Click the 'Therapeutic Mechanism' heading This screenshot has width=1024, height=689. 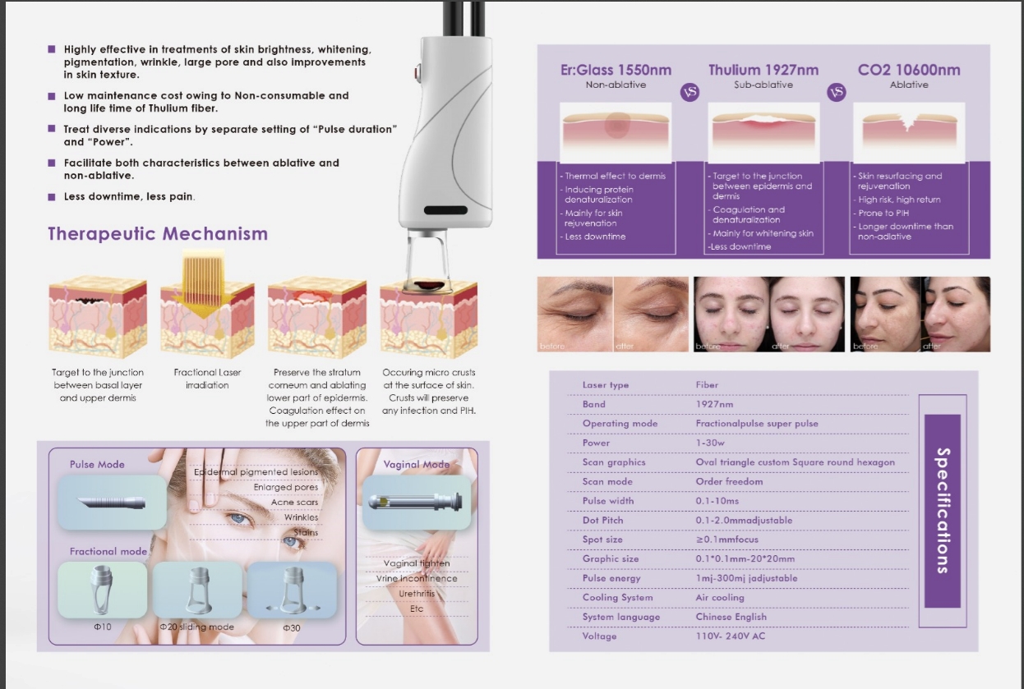click(x=158, y=234)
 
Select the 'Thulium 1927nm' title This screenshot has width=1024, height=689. click(x=763, y=70)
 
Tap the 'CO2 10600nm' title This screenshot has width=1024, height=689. click(x=909, y=70)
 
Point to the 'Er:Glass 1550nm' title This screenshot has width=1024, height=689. click(x=616, y=70)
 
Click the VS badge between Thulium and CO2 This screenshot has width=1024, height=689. click(x=837, y=92)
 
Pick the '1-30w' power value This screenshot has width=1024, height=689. click(x=710, y=443)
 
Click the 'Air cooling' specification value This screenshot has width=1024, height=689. click(x=720, y=597)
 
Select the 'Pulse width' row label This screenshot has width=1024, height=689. click(x=608, y=501)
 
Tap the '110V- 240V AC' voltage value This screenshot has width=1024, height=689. click(x=731, y=636)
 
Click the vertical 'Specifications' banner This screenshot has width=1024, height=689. click(x=943, y=511)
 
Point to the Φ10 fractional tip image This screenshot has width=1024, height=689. click(x=103, y=590)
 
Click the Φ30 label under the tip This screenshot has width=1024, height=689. click(x=292, y=627)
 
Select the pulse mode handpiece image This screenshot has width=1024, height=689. click(x=112, y=502)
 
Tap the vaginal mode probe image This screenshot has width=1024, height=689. click(x=417, y=502)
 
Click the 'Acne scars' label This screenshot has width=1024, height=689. click(x=294, y=502)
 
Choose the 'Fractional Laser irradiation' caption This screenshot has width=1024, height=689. click(x=207, y=379)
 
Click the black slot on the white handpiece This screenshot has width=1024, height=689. click(x=445, y=210)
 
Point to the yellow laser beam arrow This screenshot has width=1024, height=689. click(x=204, y=286)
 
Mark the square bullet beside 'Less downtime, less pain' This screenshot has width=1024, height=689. click(x=52, y=197)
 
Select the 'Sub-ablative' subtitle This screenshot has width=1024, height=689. click(x=763, y=85)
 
